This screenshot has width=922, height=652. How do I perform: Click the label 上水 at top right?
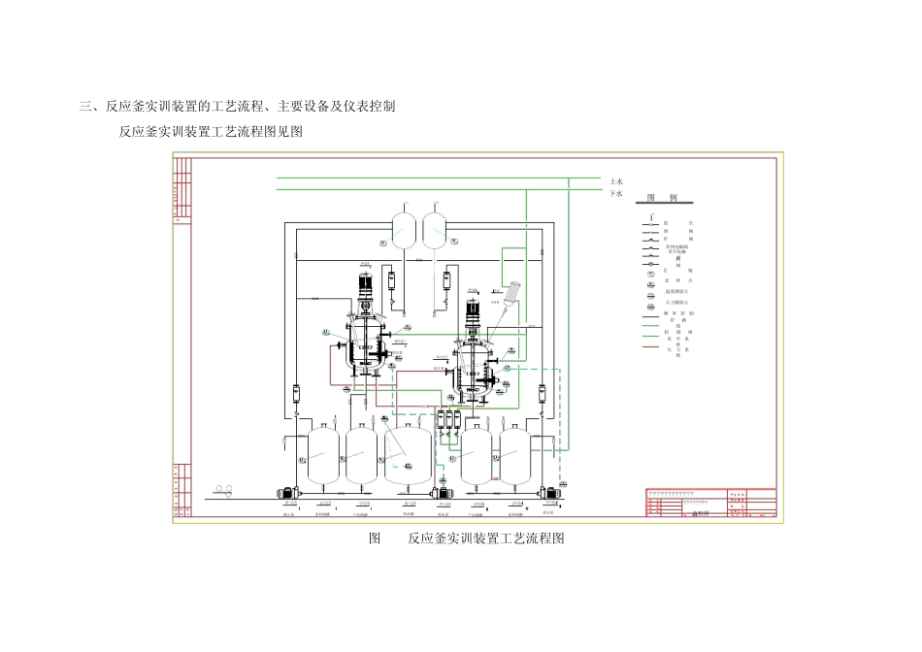[x=615, y=180]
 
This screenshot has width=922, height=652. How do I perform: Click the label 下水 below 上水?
[x=615, y=193]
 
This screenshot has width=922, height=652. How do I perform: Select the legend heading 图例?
[x=662, y=198]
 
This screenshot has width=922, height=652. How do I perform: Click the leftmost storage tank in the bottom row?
[x=320, y=453]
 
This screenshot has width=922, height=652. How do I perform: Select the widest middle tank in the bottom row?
[x=408, y=455]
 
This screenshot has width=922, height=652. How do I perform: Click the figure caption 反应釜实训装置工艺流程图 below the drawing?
[x=485, y=538]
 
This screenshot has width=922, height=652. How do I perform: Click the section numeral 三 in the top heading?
[x=84, y=107]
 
